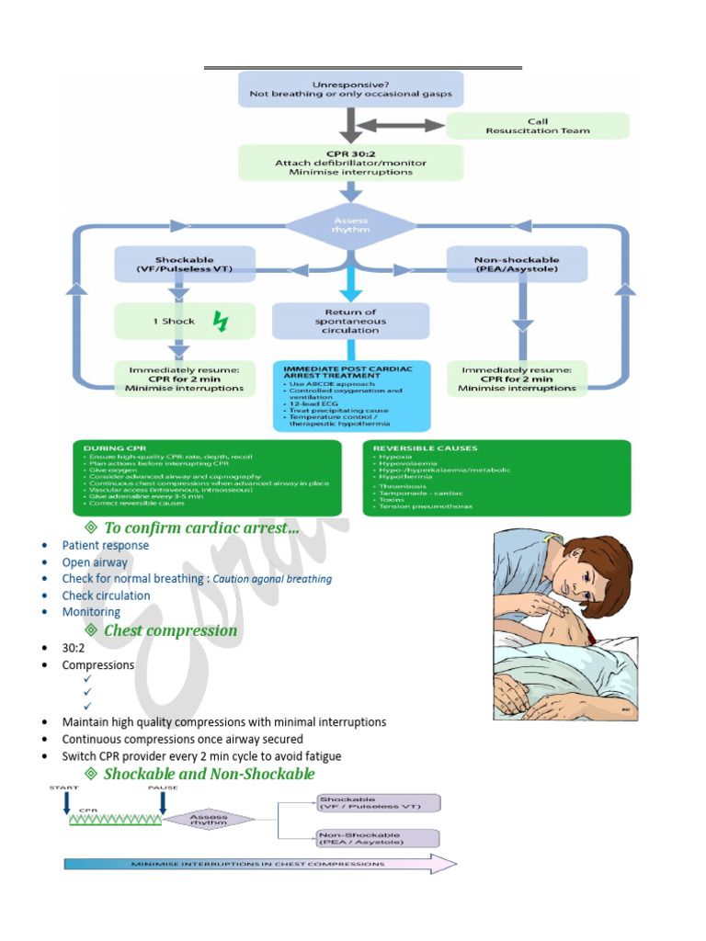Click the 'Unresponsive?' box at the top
pos(350,89)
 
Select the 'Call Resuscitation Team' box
pos(538,126)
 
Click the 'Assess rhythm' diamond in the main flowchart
pos(350,225)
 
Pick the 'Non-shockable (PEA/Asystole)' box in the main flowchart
pos(517,265)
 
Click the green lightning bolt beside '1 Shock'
pos(221,322)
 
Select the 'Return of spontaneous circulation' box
pos(350,322)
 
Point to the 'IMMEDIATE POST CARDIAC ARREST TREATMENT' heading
pos(348,371)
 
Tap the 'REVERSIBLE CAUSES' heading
pos(413,448)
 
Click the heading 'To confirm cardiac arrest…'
pos(201,527)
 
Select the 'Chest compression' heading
pos(170,630)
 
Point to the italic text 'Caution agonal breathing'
pos(272,579)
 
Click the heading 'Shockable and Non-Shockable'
pos(209,774)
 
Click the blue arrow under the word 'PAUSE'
pos(163,803)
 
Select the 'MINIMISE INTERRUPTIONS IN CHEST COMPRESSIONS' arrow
pos(260,864)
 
